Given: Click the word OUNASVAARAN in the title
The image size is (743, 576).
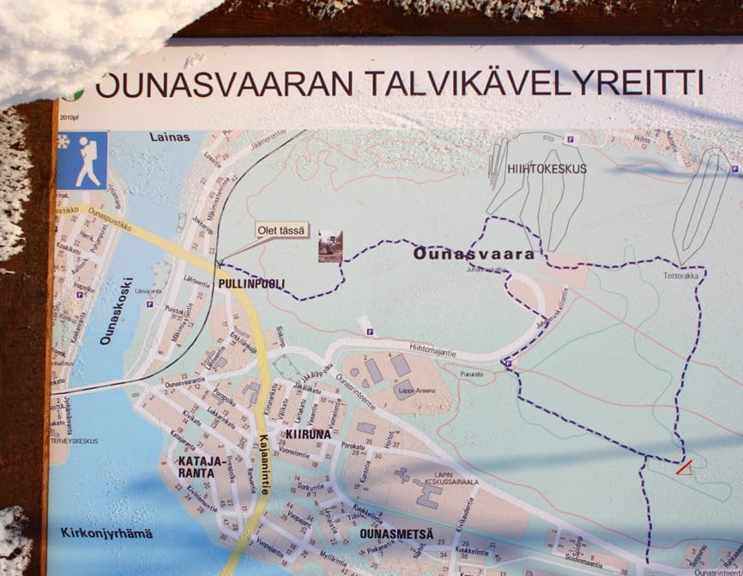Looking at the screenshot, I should [224, 84].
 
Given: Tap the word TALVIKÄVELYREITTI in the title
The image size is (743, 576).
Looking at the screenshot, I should [534, 83].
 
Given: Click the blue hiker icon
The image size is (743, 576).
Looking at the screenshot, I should [82, 161].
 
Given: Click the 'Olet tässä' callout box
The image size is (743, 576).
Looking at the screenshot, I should [282, 230].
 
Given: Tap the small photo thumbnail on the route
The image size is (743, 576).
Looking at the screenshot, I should [330, 246].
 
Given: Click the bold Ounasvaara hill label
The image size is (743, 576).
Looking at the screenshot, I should [473, 254].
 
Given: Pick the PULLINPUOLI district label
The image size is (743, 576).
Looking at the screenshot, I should [251, 283].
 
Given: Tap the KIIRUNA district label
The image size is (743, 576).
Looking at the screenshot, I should [308, 434].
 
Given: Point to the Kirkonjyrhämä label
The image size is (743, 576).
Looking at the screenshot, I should [100, 532].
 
